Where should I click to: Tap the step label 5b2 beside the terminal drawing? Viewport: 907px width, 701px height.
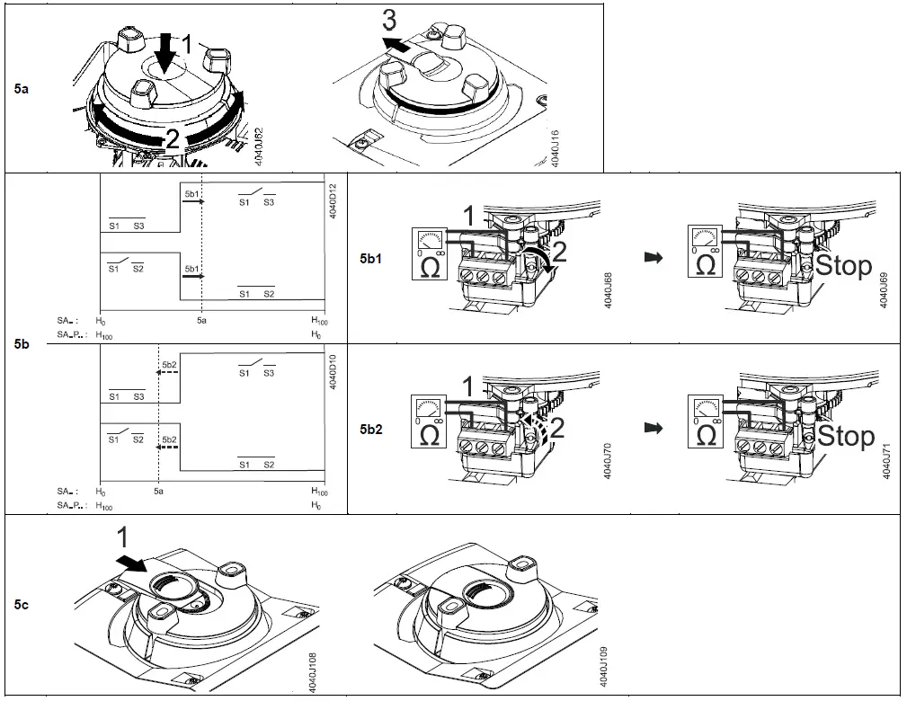[x=371, y=429]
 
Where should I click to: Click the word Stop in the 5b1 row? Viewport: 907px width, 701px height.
[x=844, y=265]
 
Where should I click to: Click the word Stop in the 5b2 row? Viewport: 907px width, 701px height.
[x=844, y=436]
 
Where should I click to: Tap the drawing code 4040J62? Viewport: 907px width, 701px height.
[x=259, y=146]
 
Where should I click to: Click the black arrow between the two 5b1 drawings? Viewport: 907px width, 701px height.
[x=654, y=258]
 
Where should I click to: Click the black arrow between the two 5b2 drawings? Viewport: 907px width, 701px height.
[x=654, y=429]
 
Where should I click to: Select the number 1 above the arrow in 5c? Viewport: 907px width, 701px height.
[x=123, y=538]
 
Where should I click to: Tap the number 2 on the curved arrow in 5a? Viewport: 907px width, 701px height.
[x=173, y=138]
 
